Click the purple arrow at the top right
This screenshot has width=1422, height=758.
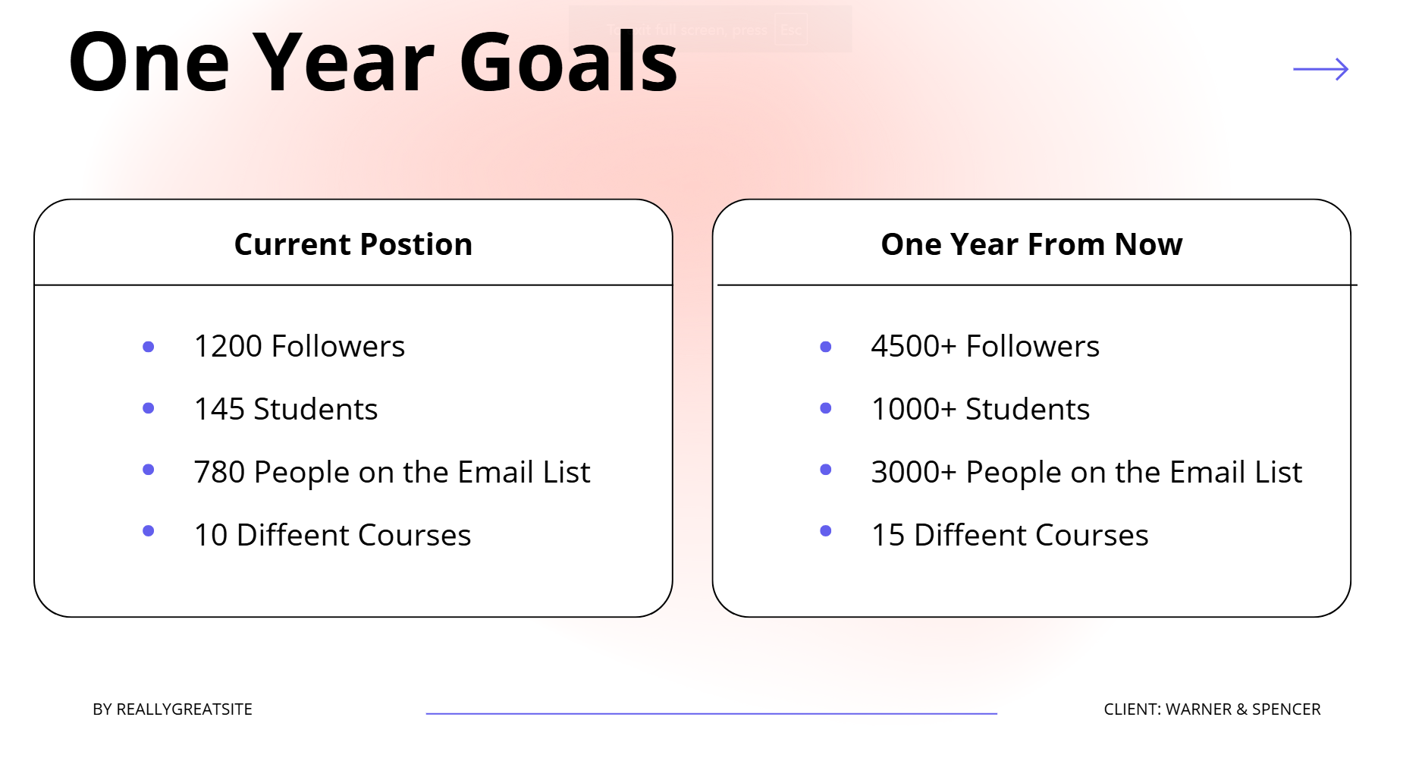coord(1320,69)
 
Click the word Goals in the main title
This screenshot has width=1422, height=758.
coord(568,62)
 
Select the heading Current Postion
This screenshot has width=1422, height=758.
coord(353,244)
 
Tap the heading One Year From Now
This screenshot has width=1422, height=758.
coord(1031,244)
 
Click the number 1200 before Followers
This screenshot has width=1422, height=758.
coord(228,346)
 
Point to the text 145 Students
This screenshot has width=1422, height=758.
coord(286,409)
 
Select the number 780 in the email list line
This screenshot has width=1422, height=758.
coord(219,472)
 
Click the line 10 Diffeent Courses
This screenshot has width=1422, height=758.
coord(332,535)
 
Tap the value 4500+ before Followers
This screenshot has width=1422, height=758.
coord(914,346)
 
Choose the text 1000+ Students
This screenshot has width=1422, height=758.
coord(981,409)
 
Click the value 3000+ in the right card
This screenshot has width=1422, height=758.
coord(914,472)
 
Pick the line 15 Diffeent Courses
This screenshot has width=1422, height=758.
coord(1010,535)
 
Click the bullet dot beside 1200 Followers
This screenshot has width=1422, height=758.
coord(149,347)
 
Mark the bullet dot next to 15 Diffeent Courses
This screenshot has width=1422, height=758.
coord(826,531)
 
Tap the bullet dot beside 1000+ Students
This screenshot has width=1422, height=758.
coord(826,408)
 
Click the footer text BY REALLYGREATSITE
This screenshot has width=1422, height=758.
coord(172,709)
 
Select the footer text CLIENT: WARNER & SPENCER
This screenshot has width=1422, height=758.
coord(1212,709)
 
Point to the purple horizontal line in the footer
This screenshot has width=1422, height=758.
coord(711,713)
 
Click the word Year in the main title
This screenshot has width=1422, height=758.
coord(344,62)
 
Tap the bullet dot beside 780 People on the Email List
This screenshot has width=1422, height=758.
coord(149,470)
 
